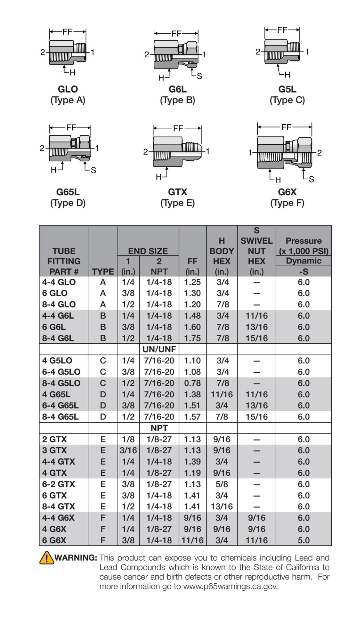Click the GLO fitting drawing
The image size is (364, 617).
point(68,53)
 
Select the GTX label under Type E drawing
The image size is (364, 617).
point(178,192)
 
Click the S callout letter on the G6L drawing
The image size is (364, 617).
point(199,76)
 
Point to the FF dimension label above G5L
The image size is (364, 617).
point(282,30)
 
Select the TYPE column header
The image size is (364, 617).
point(103,271)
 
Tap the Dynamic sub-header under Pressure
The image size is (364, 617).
point(303,261)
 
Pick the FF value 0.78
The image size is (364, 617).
point(192,383)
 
